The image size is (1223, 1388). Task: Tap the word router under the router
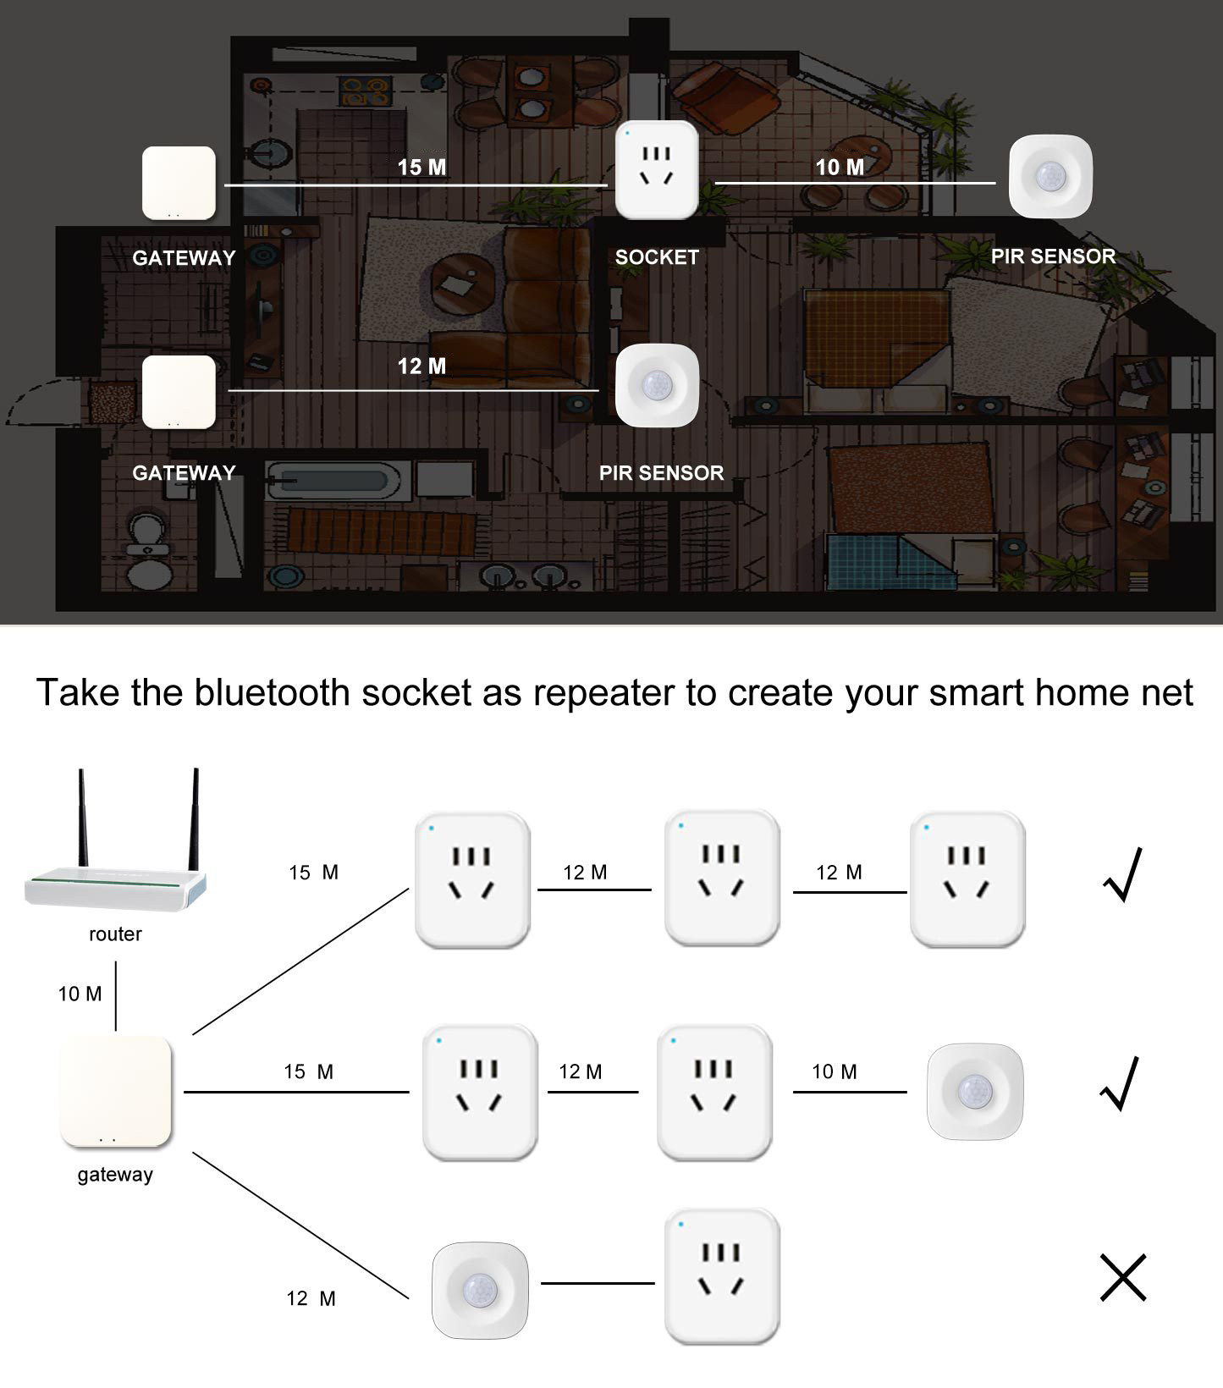click(115, 934)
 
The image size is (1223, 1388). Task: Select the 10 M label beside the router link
click(80, 994)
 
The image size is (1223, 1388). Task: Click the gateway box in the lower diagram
click(116, 1092)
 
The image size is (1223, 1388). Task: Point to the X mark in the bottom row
click(1123, 1277)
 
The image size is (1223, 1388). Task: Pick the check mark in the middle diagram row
click(1121, 1083)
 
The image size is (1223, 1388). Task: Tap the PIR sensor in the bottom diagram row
click(480, 1291)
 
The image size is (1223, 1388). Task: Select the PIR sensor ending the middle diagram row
click(975, 1092)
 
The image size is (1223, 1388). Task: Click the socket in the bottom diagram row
click(722, 1276)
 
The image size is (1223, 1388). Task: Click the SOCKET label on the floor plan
click(657, 257)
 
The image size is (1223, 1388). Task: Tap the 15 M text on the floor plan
click(421, 168)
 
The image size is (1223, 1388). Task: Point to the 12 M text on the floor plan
click(421, 366)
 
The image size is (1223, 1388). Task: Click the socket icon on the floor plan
click(657, 170)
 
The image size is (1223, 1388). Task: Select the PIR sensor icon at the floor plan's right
click(1050, 176)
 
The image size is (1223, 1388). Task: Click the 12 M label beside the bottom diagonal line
click(311, 1298)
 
